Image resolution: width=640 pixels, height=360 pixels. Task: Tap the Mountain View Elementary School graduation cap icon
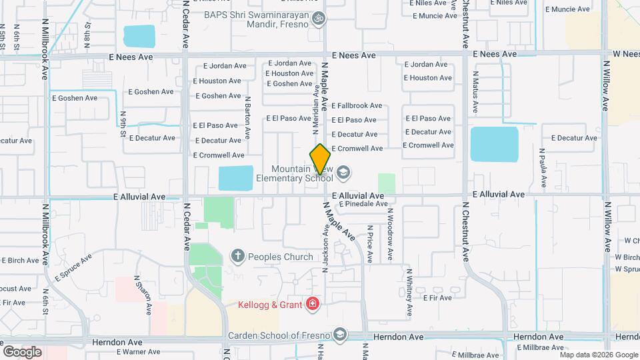point(343,173)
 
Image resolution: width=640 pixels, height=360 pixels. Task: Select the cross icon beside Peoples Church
point(237,256)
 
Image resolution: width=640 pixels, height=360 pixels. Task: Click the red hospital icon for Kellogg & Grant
point(312,305)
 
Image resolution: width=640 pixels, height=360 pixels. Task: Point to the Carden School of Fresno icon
point(340,334)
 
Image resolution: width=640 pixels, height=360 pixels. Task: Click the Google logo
point(22,351)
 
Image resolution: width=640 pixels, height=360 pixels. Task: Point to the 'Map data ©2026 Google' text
point(598,355)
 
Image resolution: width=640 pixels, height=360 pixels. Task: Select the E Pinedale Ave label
point(363,204)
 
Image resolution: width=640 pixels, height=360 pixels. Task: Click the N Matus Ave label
point(476,91)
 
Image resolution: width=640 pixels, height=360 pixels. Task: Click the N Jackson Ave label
point(326,246)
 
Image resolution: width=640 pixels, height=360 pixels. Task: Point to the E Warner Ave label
point(139,351)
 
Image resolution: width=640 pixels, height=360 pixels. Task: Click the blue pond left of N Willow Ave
point(494,145)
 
